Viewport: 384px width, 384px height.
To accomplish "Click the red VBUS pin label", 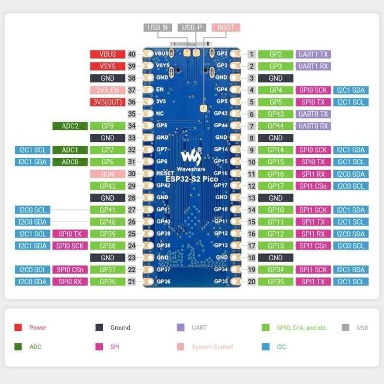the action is [x=108, y=54].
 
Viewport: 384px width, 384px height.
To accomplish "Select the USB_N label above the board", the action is [x=158, y=27].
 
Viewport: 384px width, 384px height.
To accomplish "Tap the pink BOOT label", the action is [x=226, y=27].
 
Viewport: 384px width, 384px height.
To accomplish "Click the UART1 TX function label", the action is [x=313, y=54].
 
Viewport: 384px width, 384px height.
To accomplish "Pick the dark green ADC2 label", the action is [x=70, y=126].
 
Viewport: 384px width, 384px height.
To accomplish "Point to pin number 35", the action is [x=132, y=114].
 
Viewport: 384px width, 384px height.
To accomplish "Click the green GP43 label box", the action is [x=276, y=114].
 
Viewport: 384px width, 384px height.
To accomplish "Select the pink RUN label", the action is [x=108, y=174].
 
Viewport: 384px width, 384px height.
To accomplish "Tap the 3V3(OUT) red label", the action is [x=108, y=102].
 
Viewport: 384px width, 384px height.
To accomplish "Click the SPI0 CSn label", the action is [x=70, y=270].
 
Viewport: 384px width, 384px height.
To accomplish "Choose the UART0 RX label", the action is [x=313, y=126].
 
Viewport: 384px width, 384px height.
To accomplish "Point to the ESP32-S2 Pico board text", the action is [x=192, y=179].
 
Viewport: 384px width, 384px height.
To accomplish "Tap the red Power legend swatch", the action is [x=18, y=327].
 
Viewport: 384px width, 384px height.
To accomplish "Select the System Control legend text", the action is [x=212, y=347].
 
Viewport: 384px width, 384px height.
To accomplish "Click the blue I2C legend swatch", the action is [x=266, y=347].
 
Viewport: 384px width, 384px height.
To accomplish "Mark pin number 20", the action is [x=252, y=282].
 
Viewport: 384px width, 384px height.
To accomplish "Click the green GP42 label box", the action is [x=108, y=186].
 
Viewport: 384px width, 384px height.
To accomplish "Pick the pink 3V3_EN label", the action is [x=108, y=90].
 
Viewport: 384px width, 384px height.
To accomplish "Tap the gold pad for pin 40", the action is [x=149, y=54].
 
